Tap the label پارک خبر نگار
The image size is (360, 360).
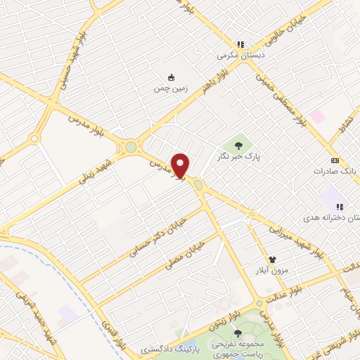point(238,157)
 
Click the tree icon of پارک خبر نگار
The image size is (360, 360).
point(238,146)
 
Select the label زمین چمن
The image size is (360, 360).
point(170,89)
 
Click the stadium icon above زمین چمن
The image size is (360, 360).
point(171,78)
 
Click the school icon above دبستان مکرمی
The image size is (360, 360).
point(240,44)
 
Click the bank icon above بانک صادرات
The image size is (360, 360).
point(334,160)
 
